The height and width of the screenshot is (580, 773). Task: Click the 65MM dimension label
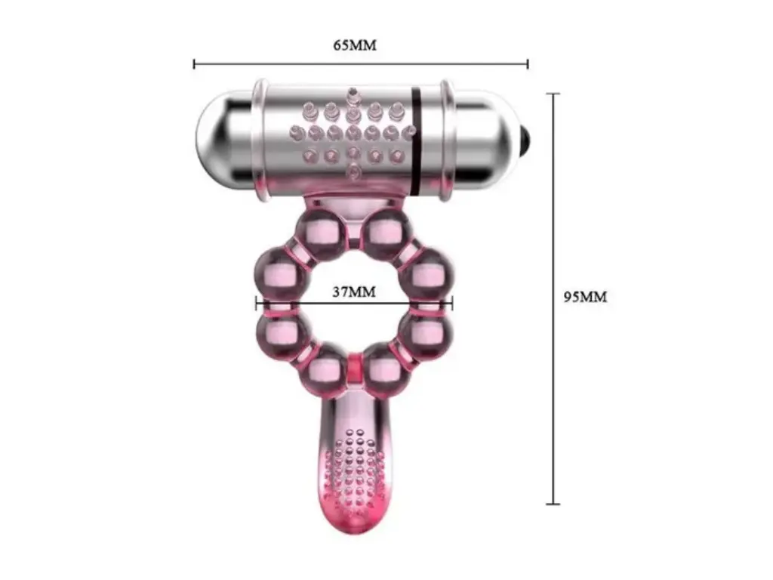click(355, 45)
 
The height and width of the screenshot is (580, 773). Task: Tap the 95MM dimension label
click(585, 297)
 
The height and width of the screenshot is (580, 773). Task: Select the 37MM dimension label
click(353, 292)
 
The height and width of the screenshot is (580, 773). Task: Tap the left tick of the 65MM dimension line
click(194, 63)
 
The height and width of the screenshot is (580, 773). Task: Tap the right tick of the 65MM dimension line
click(528, 63)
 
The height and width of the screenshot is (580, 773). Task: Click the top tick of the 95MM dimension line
click(553, 93)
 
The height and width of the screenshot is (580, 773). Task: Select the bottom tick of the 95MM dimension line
click(553, 504)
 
